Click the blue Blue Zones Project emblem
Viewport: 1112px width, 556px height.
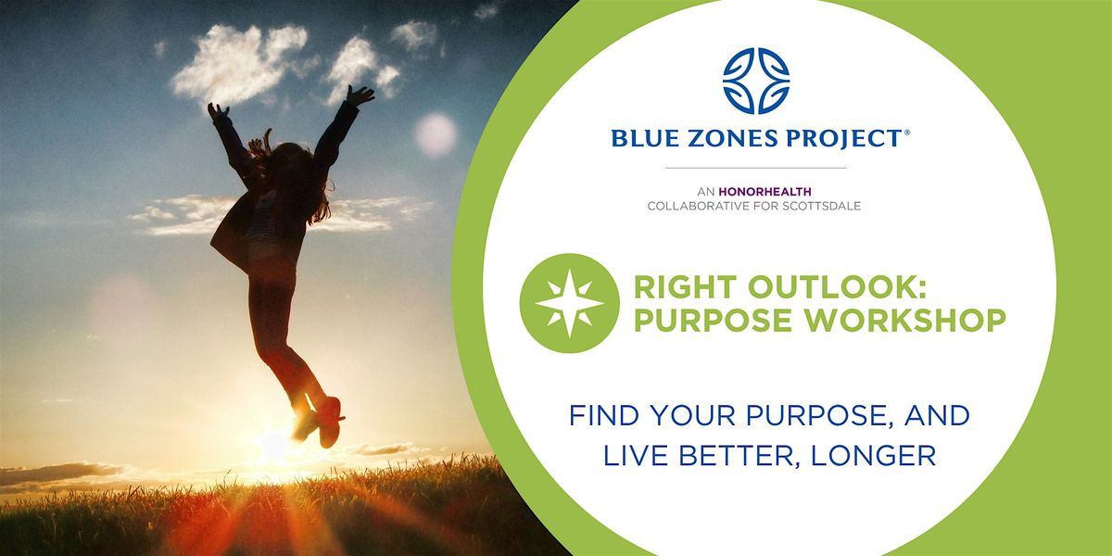pyautogui.click(x=756, y=81)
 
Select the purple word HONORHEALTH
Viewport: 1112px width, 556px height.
pyautogui.click(x=765, y=192)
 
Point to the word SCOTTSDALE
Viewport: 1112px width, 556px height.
pyautogui.click(x=822, y=207)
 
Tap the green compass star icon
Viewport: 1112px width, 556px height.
pyautogui.click(x=569, y=303)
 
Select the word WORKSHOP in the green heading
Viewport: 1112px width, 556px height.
pyautogui.click(x=905, y=321)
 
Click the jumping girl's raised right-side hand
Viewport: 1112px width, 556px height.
pyautogui.click(x=360, y=95)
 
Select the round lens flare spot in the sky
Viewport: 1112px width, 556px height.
pyautogui.click(x=436, y=134)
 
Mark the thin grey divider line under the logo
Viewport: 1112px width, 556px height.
pyautogui.click(x=756, y=169)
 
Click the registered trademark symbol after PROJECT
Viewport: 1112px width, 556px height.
pyautogui.click(x=907, y=133)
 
